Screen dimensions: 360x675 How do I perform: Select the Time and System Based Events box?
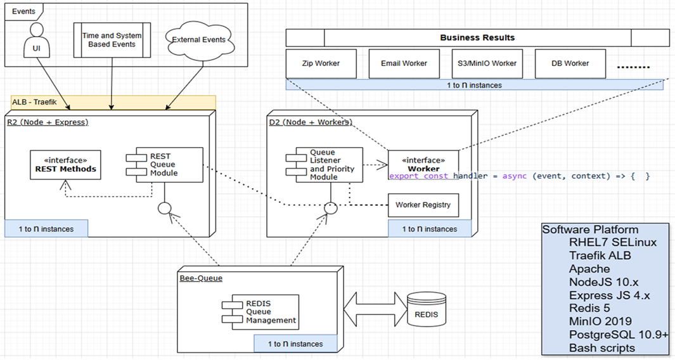coord(112,41)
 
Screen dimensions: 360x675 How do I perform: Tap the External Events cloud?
coord(198,41)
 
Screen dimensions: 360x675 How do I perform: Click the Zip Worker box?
coord(321,63)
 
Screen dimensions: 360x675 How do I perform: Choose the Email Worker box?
coord(404,63)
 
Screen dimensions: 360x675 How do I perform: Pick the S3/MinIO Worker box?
coord(487,63)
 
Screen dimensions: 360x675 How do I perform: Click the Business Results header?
coord(477,38)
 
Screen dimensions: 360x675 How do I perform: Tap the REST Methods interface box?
coord(65,165)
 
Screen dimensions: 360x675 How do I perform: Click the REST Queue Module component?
coord(164,165)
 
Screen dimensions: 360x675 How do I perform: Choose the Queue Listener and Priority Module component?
coord(324,165)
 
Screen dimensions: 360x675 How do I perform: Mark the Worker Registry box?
coord(423,205)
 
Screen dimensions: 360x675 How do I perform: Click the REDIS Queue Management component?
coord(260,312)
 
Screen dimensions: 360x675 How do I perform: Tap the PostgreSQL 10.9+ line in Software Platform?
coord(618,335)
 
